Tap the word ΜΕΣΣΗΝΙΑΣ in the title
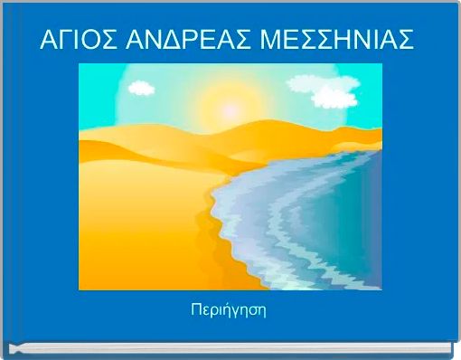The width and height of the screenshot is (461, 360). pyautogui.click(x=329, y=41)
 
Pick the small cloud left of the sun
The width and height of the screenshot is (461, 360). pyautogui.click(x=140, y=88)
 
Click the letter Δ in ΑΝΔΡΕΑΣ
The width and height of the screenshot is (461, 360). pyautogui.click(x=167, y=41)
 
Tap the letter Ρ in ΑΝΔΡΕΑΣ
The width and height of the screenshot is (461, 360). pyautogui.click(x=184, y=41)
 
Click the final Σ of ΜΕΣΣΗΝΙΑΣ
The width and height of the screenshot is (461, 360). pyautogui.click(x=406, y=41)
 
